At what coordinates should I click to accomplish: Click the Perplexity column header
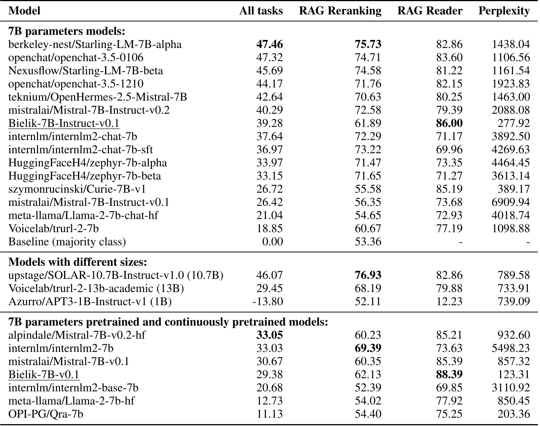tap(504, 11)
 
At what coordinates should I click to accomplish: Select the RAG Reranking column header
tap(340, 11)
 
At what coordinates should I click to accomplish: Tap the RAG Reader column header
tap(430, 11)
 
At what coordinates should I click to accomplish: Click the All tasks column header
tap(261, 11)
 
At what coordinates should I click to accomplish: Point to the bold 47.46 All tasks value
tap(269, 45)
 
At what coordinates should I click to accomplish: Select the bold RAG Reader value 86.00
tap(449, 123)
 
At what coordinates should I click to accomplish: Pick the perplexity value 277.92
tap(513, 123)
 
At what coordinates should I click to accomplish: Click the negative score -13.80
tap(268, 302)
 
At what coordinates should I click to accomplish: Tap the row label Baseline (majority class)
tap(67, 242)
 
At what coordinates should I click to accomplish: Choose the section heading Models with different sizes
tap(78, 262)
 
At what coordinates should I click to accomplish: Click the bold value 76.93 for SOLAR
tap(368, 275)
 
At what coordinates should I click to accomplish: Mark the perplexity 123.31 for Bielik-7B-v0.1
tap(513, 375)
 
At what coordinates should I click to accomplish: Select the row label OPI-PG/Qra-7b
tap(46, 414)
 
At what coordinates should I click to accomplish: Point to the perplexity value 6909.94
tap(511, 202)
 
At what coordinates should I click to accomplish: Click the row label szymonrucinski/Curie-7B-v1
tap(77, 189)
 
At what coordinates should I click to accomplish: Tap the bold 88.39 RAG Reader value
tap(449, 375)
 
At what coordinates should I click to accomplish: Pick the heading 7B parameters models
tap(67, 31)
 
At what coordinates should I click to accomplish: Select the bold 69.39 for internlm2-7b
tap(368, 348)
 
